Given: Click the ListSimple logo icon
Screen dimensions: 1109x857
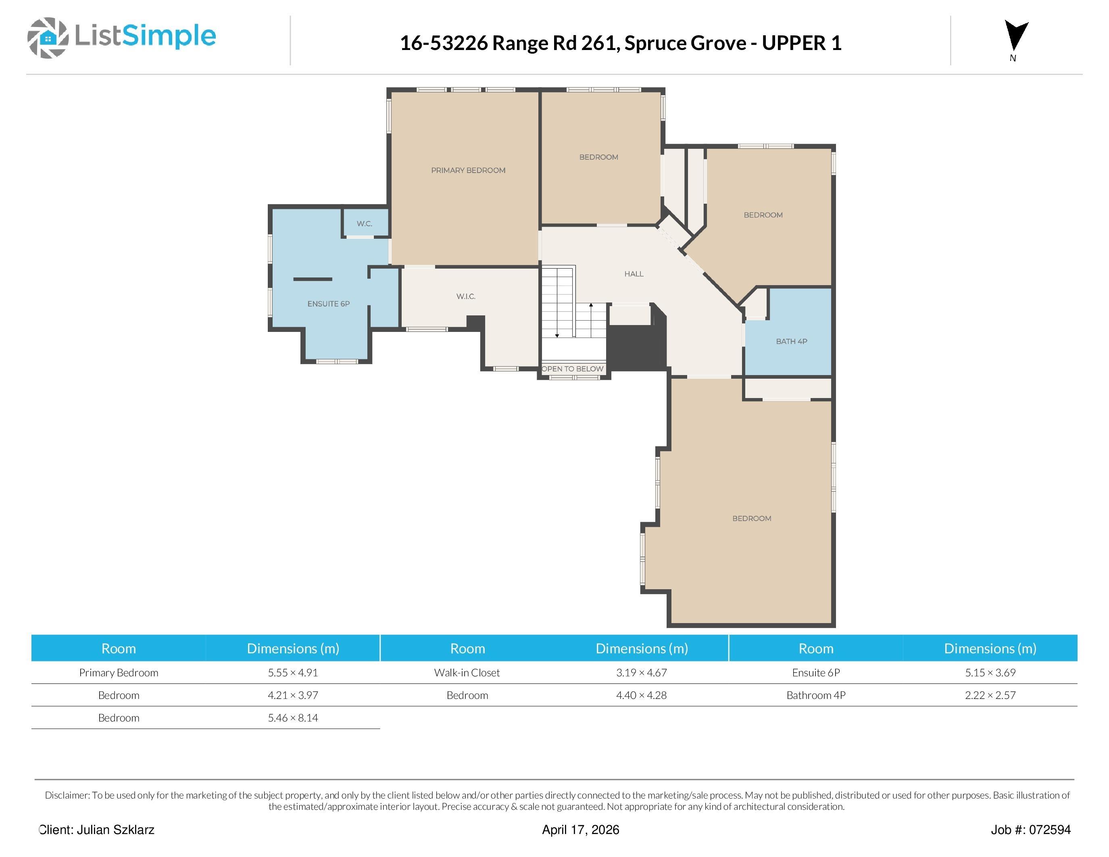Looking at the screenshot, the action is (x=48, y=38).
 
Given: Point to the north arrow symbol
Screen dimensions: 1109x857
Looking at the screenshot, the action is (x=1016, y=35).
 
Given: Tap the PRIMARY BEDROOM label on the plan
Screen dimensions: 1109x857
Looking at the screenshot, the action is (x=468, y=171).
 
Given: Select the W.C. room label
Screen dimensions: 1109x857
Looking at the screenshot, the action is (x=364, y=223).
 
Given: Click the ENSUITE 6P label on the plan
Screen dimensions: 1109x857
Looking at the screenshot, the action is (x=329, y=304).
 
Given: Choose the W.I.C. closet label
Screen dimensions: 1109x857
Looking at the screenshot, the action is (x=466, y=296).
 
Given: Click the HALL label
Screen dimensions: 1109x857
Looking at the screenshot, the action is (x=634, y=274).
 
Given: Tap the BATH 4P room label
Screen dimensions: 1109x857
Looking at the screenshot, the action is (x=791, y=341).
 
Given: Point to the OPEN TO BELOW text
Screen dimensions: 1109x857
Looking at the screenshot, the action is (x=573, y=369).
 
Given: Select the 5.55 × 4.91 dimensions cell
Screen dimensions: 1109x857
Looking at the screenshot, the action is (x=293, y=673).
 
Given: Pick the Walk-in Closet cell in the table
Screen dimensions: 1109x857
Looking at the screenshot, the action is (x=467, y=673).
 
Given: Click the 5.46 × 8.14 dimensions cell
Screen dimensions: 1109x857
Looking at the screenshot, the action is (x=293, y=718).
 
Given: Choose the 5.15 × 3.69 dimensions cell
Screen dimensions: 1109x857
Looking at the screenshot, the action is (x=990, y=673).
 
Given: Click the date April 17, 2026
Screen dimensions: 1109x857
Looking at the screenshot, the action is (x=580, y=830).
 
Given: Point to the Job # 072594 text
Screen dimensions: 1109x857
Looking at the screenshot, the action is (x=1031, y=830).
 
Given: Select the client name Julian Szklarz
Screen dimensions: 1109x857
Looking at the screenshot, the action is (x=115, y=830).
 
